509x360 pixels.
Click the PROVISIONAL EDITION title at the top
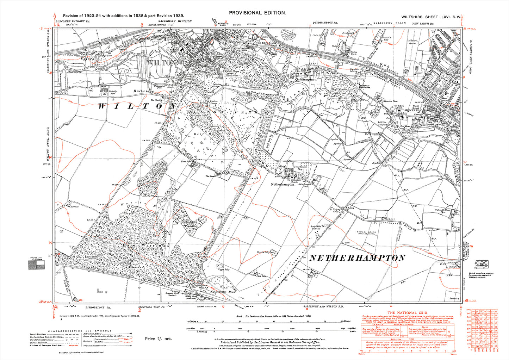(x=256, y=13)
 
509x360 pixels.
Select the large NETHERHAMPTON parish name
(x=357, y=258)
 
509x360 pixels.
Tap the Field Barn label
(x=251, y=277)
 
